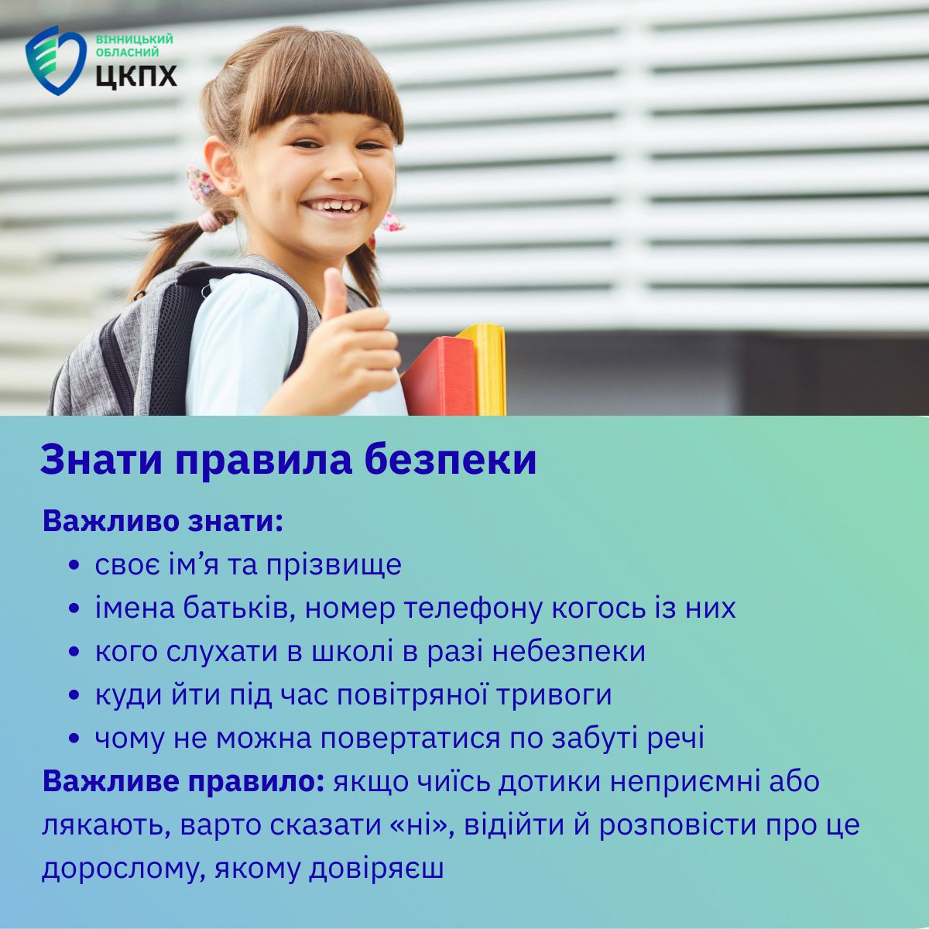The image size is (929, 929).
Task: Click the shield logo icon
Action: [57, 60]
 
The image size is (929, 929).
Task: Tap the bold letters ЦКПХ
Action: [136, 75]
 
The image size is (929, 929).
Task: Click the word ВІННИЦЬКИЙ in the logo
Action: [134, 39]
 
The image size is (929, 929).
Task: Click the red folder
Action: [440, 376]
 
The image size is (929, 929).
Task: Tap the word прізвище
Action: [334, 565]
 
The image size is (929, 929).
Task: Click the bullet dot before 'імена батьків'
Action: [74, 609]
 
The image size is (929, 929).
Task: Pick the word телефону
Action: [474, 609]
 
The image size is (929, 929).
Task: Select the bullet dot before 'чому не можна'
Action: [74, 739]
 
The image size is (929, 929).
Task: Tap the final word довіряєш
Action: [376, 869]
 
